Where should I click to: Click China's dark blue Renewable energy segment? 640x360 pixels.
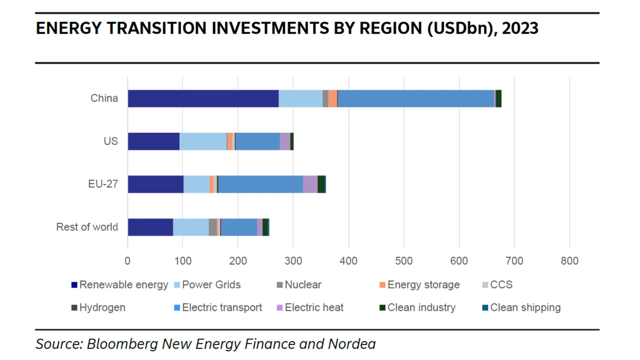tap(203, 98)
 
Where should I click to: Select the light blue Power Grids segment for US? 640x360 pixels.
tap(203, 141)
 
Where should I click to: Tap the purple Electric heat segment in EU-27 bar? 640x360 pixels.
tap(310, 184)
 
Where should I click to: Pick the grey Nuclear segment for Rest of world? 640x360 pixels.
tap(212, 227)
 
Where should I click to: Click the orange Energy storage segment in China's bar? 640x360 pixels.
tap(333, 98)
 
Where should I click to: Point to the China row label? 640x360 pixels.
tap(104, 98)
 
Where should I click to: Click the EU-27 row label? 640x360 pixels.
tap(103, 184)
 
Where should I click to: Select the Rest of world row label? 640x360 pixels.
tap(87, 227)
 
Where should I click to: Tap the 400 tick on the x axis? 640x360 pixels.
tap(349, 261)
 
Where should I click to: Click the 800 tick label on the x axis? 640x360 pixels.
tap(570, 261)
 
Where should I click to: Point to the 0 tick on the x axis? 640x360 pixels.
tap(128, 261)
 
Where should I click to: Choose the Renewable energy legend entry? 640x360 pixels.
tap(123, 285)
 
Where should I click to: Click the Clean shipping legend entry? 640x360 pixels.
tap(525, 308)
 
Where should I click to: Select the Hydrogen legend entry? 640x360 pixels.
tap(102, 308)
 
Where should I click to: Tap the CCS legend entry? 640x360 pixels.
tap(501, 285)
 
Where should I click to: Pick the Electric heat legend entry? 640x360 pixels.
tap(314, 308)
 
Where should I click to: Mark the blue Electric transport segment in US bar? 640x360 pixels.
tap(257, 141)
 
